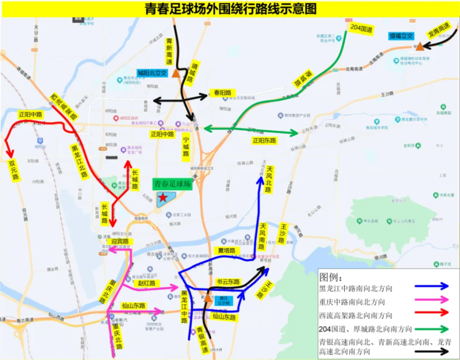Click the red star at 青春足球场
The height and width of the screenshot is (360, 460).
[x=163, y=197]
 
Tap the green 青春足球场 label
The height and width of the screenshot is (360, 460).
[x=172, y=184]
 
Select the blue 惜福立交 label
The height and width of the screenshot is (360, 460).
[x=401, y=36]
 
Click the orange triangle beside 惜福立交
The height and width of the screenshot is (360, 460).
[x=420, y=46]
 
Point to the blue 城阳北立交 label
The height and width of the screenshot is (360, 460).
[x=151, y=73]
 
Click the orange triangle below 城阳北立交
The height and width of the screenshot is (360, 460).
[x=176, y=73]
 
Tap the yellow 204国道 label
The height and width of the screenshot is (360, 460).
[x=361, y=29]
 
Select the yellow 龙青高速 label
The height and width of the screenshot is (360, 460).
[x=439, y=30]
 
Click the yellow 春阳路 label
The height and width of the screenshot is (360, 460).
[x=222, y=93]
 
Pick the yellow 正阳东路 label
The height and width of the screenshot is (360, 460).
[x=264, y=140]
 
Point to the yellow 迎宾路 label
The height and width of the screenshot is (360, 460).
[x=120, y=242]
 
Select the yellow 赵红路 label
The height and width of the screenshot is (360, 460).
[x=147, y=283]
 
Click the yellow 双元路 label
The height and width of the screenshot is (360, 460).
[x=13, y=170]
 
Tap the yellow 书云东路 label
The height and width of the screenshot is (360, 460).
[x=228, y=282]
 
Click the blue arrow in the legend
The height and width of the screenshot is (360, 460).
[x=432, y=286]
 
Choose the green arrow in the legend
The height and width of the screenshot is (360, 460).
[x=432, y=329]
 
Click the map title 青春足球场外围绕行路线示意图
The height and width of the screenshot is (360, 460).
[x=230, y=9]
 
